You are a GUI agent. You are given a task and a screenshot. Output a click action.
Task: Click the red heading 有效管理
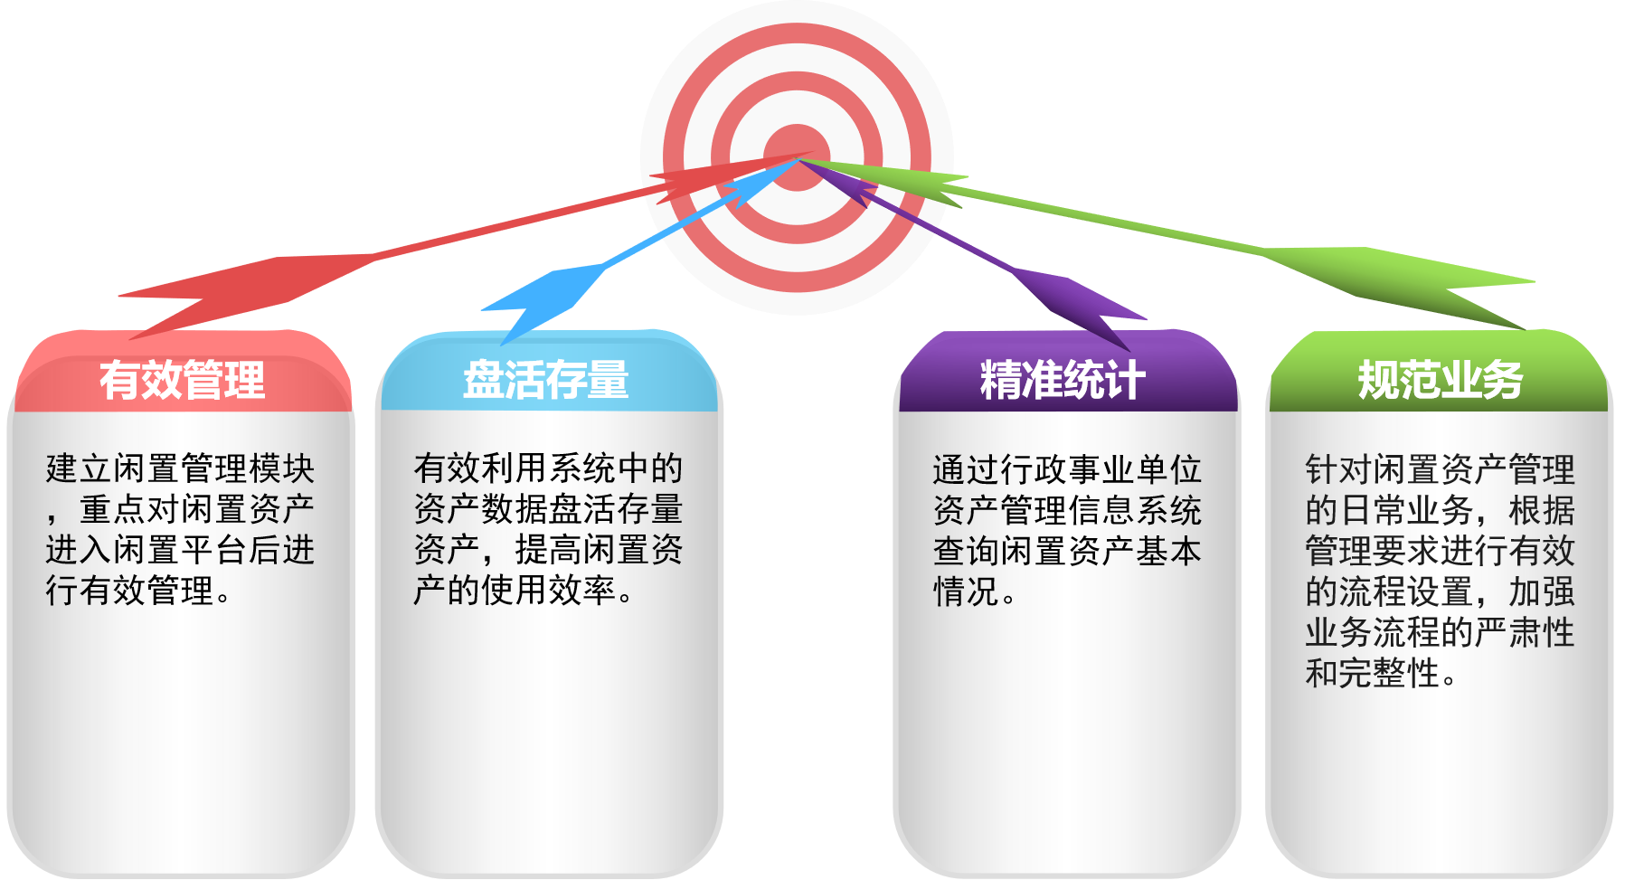[x=182, y=380]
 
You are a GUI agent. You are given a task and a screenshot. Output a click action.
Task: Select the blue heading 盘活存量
[x=546, y=380]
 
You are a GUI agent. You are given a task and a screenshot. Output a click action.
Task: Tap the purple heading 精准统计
[x=1063, y=380]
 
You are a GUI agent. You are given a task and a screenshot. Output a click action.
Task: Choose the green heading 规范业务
[x=1440, y=380]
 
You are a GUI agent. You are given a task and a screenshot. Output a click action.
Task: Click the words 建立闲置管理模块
[x=180, y=468]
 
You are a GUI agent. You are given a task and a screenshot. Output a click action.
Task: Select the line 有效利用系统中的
[x=548, y=468]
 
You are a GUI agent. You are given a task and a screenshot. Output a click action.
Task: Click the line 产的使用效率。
[x=524, y=591]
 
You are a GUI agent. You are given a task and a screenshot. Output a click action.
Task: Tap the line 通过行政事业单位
[x=1067, y=470]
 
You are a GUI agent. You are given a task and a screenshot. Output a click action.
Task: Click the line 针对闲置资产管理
[x=1440, y=470]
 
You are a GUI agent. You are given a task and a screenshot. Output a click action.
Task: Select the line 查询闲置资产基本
[x=1067, y=552]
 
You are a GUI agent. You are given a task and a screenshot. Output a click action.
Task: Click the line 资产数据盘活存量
[x=548, y=509]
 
